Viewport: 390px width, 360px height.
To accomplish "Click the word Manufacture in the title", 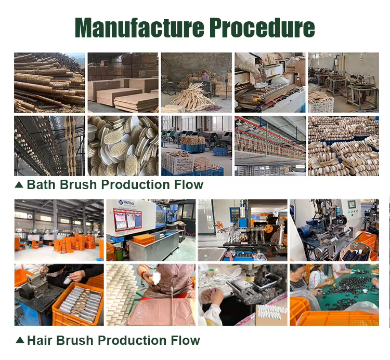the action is pos(139,28).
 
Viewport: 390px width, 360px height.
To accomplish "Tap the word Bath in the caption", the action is pos(41,184).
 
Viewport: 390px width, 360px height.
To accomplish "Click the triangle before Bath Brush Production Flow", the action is pos(19,184).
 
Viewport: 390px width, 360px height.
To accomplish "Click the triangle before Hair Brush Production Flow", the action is pos(20,340).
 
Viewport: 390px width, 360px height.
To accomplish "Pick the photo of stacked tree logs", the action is pos(49,83).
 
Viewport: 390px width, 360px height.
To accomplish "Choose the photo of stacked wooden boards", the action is pos(123,83).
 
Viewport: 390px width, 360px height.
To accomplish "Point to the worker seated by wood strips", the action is pos(205,77).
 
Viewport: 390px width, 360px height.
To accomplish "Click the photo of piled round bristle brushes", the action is pos(123,146).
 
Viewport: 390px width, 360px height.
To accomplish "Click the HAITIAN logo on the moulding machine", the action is pos(126,203).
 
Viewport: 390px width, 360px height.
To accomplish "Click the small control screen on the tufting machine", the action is pos(352,205).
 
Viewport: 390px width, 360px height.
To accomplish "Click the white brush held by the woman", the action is pos(157,277).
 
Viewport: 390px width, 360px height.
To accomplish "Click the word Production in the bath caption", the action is pos(136,184).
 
